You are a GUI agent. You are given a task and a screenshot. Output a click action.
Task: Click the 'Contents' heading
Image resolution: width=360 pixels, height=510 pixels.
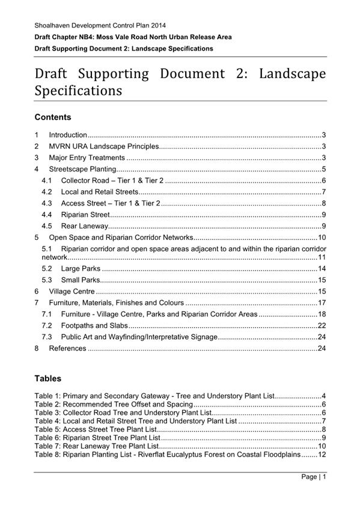(53, 117)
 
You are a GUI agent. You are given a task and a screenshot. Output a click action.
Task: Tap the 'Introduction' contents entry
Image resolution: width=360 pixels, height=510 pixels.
(68, 135)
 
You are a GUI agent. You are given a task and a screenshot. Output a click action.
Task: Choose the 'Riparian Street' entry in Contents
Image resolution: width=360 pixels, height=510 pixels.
(85, 215)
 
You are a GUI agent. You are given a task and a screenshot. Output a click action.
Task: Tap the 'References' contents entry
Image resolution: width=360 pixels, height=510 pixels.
(68, 348)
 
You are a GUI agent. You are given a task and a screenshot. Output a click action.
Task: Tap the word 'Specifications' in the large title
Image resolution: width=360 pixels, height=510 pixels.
(78, 91)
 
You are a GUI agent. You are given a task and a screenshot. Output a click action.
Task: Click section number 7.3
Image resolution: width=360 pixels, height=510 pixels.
(47, 336)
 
